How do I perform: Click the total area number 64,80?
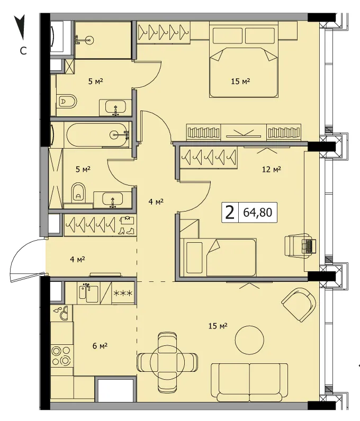258,213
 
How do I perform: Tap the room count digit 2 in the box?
230,213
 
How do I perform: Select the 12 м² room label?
272,169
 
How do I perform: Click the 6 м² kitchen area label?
100,346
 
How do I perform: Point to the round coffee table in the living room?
249,340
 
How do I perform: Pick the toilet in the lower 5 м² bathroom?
78,193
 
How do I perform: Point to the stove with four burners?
61,356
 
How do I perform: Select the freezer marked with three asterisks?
123,293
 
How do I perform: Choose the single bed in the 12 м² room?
218,257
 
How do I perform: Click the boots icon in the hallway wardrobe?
127,231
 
